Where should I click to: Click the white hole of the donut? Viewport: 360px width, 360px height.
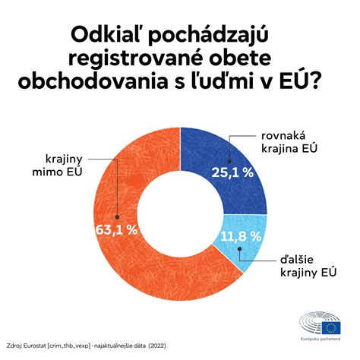click(x=180, y=215)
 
